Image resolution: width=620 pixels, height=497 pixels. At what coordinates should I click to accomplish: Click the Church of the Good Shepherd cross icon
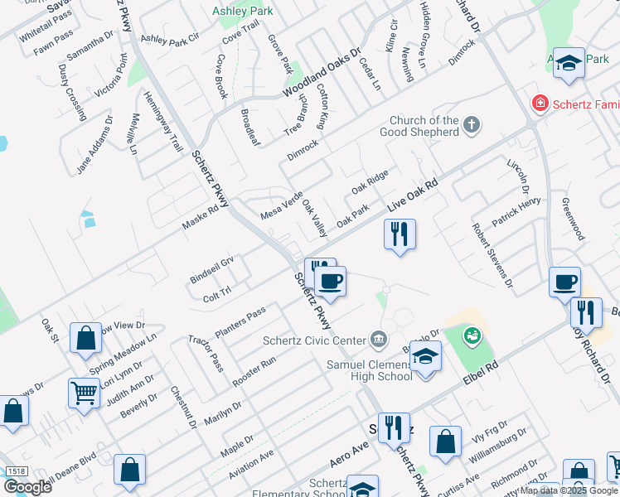472,126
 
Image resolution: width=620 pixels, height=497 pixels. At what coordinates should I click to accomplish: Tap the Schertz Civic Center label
314,340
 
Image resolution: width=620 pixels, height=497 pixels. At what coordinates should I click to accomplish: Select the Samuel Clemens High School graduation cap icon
425,355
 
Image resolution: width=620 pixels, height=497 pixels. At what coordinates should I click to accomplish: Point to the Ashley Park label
243,12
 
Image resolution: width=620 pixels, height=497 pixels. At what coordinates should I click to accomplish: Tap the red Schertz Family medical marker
540,104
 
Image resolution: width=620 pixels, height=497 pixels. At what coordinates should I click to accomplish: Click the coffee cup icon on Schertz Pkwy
331,281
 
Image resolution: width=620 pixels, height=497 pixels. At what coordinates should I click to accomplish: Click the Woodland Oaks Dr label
322,73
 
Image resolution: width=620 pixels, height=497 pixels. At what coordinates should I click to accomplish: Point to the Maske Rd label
200,219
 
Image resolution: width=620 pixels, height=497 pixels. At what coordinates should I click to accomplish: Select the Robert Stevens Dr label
492,255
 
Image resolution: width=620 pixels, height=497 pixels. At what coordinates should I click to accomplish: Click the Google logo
27,486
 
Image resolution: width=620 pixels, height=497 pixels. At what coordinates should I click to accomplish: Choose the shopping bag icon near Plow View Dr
85,338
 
